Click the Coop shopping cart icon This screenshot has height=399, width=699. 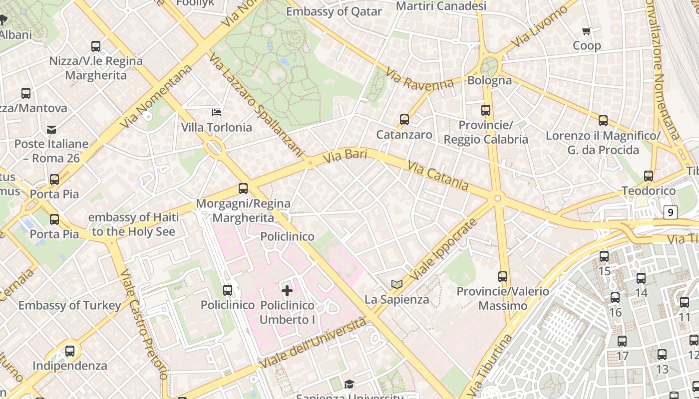pos(587,31)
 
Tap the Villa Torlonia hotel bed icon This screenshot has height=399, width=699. pos(217,112)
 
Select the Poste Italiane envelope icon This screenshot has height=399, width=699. pos(51,130)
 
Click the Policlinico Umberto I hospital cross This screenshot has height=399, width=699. pos(287,290)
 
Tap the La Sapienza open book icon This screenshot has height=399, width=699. pos(397,284)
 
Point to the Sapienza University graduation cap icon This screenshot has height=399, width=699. pos(349,384)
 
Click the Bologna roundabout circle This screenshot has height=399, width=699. pos(489,66)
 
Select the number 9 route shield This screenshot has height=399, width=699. pos(670,212)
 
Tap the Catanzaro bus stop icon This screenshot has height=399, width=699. pos(404,120)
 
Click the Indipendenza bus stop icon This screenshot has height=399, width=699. pos(70,351)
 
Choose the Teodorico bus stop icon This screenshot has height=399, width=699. pos(648,176)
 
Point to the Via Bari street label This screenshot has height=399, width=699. pos(345,156)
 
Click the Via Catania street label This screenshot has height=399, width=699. pos(438,176)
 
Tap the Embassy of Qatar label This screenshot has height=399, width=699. pos(334,11)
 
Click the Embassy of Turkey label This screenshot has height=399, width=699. pos(70,305)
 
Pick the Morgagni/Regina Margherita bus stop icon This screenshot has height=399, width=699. pos(243,189)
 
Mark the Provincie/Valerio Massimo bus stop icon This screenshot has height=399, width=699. pos(503,276)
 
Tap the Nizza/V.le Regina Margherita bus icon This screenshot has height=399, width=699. pos(96,46)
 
